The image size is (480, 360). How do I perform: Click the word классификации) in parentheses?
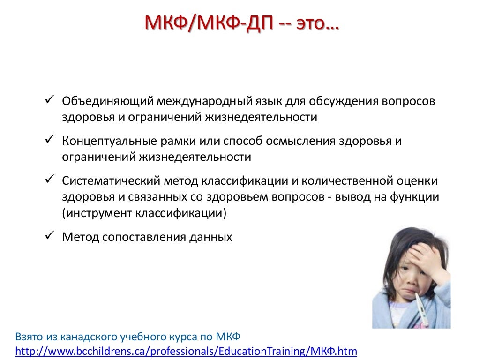pyautogui.click(x=181, y=213)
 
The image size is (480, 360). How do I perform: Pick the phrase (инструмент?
pyautogui.click(x=97, y=213)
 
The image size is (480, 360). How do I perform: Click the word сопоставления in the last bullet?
pyautogui.click(x=144, y=237)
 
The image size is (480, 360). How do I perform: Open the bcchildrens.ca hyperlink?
pyautogui.click(x=187, y=351)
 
